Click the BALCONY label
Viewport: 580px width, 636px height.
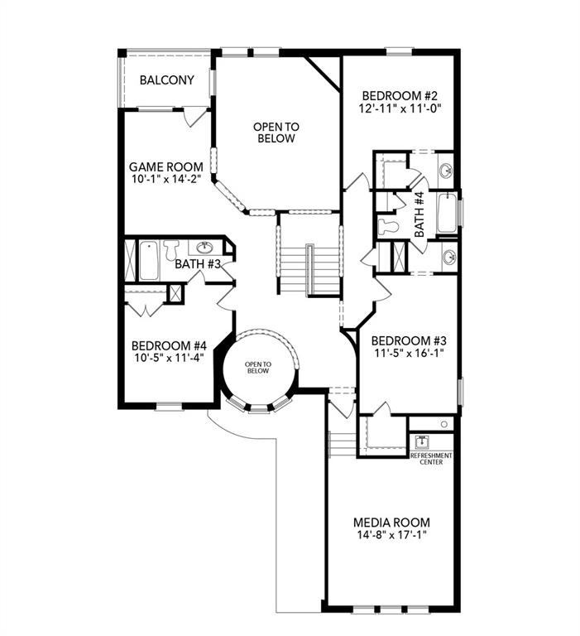point(166,80)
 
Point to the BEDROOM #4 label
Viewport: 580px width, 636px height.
point(169,346)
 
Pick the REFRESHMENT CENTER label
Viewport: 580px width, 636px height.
point(431,458)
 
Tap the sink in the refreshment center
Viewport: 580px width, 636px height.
point(420,442)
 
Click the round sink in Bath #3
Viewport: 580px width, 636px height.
point(204,247)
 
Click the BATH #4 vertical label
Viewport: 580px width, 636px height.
point(419,214)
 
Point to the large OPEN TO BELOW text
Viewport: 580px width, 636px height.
point(276,132)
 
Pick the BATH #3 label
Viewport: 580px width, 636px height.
point(197,264)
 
